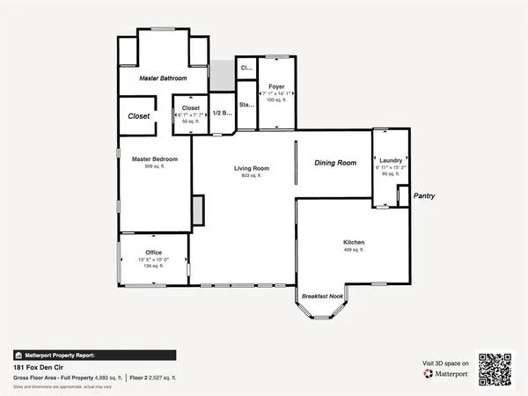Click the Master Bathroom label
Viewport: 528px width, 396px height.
[163, 79]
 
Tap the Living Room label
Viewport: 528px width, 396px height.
[251, 168]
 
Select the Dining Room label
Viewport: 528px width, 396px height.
[335, 163]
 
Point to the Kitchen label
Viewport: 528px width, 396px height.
[354, 242]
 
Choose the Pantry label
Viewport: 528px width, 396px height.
[426, 197]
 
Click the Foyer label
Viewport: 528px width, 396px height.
[276, 86]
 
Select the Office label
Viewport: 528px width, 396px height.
[154, 253]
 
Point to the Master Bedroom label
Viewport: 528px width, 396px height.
[155, 159]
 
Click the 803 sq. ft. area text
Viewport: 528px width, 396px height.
[251, 176]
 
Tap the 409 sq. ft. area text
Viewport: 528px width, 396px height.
[354, 250]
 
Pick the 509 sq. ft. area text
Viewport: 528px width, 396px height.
[155, 167]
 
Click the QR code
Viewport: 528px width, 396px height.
[495, 370]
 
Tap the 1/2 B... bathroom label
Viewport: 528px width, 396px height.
[223, 113]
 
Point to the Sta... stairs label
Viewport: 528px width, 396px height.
[247, 105]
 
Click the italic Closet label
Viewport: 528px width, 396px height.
[139, 116]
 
